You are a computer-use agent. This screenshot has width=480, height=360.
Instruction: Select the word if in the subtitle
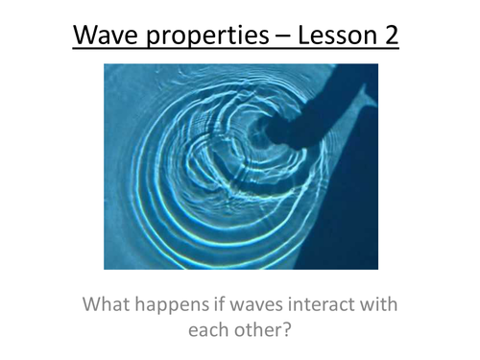click(228, 306)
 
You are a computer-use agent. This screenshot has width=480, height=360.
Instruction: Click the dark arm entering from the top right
click(326, 106)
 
